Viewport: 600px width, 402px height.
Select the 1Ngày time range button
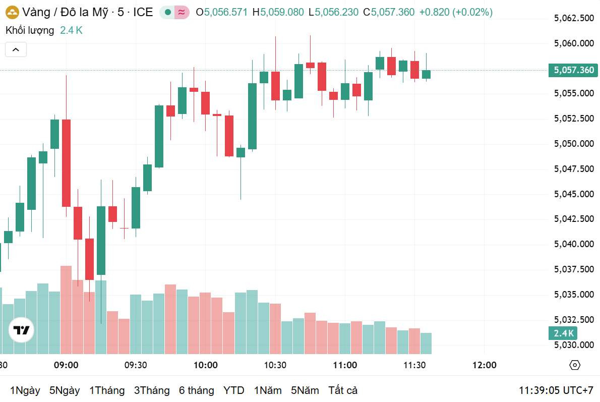coord(25,390)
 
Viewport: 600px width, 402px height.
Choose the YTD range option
coord(234,390)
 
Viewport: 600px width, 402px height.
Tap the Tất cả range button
coord(343,390)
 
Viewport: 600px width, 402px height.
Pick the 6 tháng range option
coord(196,390)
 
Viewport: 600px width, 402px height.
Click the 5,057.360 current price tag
coord(573,70)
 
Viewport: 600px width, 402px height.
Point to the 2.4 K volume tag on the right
coord(563,333)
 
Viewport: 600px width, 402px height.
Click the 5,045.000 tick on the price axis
coord(574,194)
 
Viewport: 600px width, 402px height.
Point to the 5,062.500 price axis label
coord(574,19)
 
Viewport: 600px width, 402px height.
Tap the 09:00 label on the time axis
coord(66,365)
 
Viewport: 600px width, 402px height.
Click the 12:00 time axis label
coord(485,365)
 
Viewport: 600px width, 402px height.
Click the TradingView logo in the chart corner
coord(21,330)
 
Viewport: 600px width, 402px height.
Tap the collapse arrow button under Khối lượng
coord(16,49)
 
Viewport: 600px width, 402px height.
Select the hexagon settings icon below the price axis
coord(574,365)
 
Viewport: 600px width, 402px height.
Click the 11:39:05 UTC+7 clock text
coord(556,390)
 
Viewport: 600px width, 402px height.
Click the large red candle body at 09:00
coord(66,163)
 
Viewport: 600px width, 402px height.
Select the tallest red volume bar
coord(66,310)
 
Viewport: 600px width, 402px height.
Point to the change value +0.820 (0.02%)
coord(456,12)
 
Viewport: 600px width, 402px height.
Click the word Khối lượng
coord(30,30)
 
